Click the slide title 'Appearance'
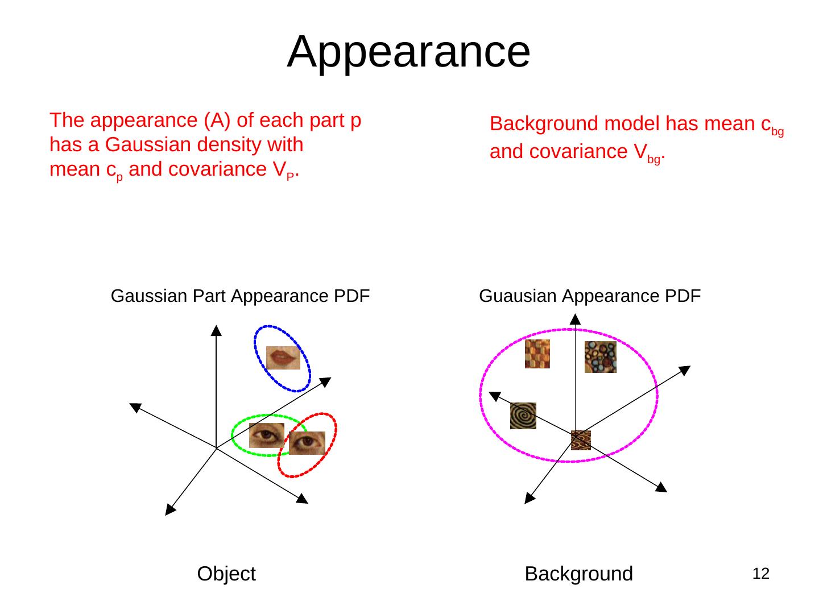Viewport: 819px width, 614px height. [408, 51]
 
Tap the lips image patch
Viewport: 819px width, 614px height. [283, 358]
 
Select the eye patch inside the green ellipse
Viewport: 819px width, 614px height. [266, 435]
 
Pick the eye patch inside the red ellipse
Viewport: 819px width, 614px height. [307, 443]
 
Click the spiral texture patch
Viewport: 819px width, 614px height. [523, 416]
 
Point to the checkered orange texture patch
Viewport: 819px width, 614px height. [537, 354]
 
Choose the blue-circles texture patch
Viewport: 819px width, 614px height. [600, 357]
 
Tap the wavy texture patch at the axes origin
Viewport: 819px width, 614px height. [581, 440]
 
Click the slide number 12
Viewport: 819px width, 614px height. [760, 574]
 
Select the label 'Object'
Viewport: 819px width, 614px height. [226, 574]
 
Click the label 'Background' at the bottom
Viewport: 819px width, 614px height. [578, 574]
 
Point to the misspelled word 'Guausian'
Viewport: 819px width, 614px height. [518, 296]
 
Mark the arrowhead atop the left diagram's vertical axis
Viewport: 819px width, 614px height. [216, 330]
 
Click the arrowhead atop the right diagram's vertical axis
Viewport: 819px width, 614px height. [575, 318]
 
